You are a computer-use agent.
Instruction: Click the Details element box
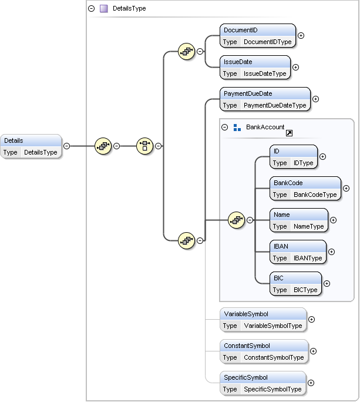pos(31,146)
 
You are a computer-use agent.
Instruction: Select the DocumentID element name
pos(241,30)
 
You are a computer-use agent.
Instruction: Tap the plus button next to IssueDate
pos(295,67)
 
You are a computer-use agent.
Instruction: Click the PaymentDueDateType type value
pos(275,105)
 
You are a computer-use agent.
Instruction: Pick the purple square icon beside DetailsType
pos(104,8)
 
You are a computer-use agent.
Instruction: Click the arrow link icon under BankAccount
pos(289,133)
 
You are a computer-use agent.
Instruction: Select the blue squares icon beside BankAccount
pos(237,128)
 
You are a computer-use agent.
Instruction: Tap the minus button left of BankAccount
pos(225,127)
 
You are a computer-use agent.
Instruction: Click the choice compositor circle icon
pos(145,146)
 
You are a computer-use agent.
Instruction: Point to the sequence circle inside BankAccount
pos(236,220)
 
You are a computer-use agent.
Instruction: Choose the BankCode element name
pos(288,183)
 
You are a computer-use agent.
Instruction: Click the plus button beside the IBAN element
pos(331,252)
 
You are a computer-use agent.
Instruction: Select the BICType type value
pos(305,290)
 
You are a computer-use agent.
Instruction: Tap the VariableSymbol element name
pos(246,314)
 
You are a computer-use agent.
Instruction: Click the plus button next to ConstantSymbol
pos(313,351)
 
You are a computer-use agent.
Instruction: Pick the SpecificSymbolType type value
pos(272,389)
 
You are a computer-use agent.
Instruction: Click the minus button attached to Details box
pos(66,146)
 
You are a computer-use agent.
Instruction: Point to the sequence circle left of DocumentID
pos(186,52)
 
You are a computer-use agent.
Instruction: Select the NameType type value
pos(309,226)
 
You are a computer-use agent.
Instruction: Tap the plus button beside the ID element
pos(322,157)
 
